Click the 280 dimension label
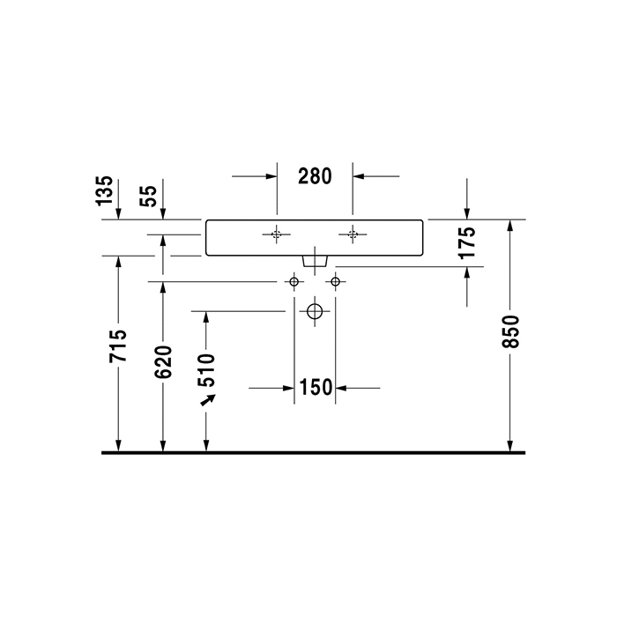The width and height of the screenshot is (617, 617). pyautogui.click(x=315, y=176)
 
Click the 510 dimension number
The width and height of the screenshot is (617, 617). pyautogui.click(x=207, y=370)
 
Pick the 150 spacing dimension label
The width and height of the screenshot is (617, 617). pyautogui.click(x=315, y=387)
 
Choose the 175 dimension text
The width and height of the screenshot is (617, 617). pyautogui.click(x=467, y=242)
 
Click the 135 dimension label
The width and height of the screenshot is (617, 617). pyautogui.click(x=104, y=191)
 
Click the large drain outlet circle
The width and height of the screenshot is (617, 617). pyautogui.click(x=315, y=311)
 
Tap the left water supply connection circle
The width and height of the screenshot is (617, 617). pyautogui.click(x=294, y=282)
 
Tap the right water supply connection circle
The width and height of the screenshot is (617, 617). pyautogui.click(x=335, y=282)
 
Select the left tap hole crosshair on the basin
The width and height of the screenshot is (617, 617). pyautogui.click(x=277, y=234)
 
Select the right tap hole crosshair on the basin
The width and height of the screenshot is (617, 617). pyautogui.click(x=353, y=234)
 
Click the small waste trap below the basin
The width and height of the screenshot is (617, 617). pyautogui.click(x=315, y=261)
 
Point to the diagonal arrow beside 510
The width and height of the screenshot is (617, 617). pyautogui.click(x=208, y=401)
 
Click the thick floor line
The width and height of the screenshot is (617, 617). pyautogui.click(x=315, y=452)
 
